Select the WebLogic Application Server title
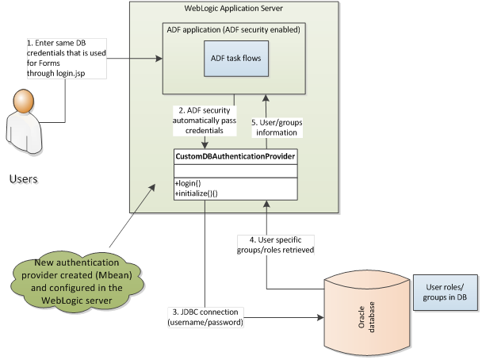pos(235,9)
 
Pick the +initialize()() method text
pos(197,193)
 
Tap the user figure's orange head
pos(24,101)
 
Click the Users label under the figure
pos(25,178)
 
